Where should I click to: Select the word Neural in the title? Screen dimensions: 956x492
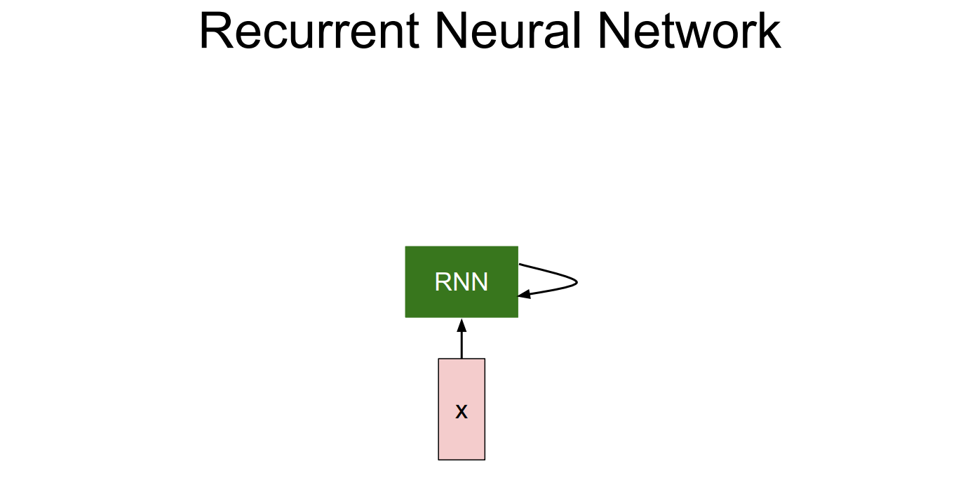[x=509, y=31]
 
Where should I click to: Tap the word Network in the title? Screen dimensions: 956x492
[x=689, y=31]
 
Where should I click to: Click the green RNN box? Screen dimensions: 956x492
[x=462, y=282]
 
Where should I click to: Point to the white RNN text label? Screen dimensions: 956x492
[x=462, y=282]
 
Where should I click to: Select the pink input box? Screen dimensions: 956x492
[x=462, y=409]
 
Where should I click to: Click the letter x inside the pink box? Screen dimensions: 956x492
[x=462, y=412]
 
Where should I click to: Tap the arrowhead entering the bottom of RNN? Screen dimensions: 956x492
[x=462, y=325]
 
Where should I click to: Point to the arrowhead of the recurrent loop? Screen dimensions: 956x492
[x=524, y=294]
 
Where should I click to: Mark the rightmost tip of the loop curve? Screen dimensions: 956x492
[x=578, y=282]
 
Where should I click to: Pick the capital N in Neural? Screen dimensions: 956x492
[x=452, y=31]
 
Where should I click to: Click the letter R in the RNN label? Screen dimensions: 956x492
[x=443, y=282]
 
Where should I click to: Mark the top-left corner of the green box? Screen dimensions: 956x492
[x=405, y=246]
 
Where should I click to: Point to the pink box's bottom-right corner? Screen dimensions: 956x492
[x=485, y=460]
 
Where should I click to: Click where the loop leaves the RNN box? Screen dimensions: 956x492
[x=518, y=264]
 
